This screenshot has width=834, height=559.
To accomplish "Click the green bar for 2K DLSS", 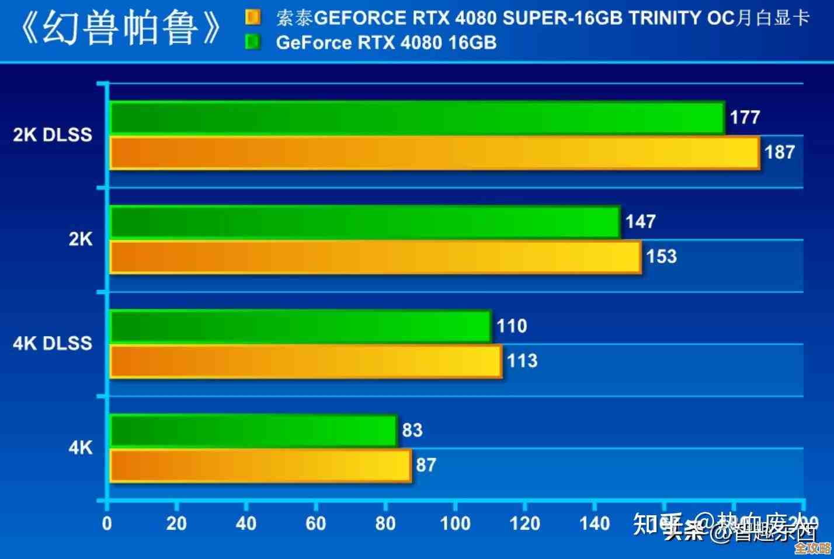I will pos(417,117).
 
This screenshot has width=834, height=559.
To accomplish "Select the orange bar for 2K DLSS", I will pos(435,153).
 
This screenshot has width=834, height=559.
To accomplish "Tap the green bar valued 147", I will pos(364,222).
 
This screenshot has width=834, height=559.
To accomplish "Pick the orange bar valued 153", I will pos(375,257).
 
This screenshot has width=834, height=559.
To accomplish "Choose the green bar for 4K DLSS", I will pos(300,326).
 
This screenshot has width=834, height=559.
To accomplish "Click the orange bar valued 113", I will pos(305,361).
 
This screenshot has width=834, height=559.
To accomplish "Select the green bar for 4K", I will pos(253,430).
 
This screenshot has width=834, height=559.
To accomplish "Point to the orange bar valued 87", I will pos(260,465).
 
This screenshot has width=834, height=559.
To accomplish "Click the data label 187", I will pos(780,152).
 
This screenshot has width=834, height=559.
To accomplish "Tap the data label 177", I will pos(745,117).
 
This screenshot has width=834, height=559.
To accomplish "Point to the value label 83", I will pos(412,430).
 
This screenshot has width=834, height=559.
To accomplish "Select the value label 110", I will pos(512,326).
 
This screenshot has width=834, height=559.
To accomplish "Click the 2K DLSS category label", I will pos(53,135).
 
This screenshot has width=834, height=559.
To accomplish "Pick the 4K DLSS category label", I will pos(53,343).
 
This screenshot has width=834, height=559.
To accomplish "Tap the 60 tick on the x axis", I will pos(315,523).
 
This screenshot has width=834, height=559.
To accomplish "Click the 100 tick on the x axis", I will pos(455,523).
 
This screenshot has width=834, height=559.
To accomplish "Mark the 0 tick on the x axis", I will pos(107,523).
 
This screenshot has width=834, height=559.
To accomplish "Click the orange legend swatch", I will pos(253,18).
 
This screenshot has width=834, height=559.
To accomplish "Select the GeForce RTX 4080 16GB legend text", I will pos(386,43).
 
